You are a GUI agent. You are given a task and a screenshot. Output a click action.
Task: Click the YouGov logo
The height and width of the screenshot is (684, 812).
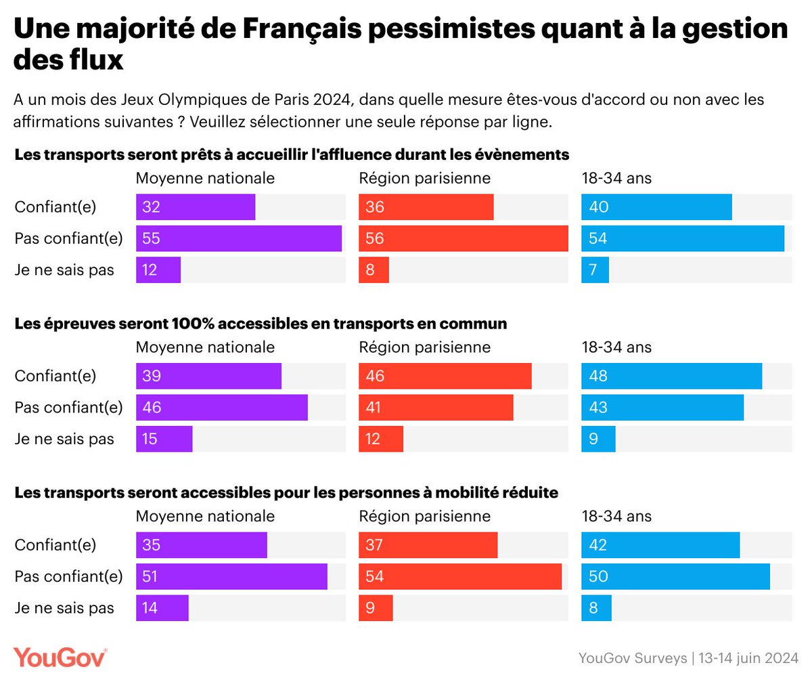[x=60, y=657]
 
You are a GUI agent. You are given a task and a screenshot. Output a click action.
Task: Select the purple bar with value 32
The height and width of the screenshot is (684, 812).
[x=196, y=207]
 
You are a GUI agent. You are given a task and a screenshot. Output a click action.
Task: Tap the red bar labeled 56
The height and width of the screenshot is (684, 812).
[x=463, y=238]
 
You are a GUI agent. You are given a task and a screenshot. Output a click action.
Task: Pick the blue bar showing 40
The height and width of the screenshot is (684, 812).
[x=656, y=207]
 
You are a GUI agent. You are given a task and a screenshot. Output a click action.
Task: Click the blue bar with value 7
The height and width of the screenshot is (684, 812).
[x=595, y=270]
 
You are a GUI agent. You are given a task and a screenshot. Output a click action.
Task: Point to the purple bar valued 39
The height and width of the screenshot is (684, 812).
[x=208, y=376]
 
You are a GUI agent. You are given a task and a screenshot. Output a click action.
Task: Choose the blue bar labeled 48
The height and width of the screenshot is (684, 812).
[x=671, y=376]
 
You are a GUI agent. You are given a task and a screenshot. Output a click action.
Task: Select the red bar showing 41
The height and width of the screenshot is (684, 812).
[x=436, y=408]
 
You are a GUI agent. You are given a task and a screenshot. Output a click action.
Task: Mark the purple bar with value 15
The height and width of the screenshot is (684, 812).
[x=164, y=439]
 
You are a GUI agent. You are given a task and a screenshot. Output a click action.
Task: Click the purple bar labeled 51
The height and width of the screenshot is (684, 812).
[x=231, y=576]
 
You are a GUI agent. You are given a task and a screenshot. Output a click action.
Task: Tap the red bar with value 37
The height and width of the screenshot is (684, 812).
[x=428, y=545]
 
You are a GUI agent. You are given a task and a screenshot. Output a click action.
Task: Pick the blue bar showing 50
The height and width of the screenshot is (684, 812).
[x=675, y=576]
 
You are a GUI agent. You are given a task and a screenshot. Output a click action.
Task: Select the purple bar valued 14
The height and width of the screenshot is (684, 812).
[x=162, y=608]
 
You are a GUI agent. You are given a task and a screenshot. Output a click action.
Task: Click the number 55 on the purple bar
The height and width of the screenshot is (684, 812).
[x=151, y=238]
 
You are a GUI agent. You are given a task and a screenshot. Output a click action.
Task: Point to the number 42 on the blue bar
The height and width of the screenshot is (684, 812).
[x=598, y=545]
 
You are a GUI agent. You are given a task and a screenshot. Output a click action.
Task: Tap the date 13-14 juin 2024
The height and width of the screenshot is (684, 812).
[x=748, y=658]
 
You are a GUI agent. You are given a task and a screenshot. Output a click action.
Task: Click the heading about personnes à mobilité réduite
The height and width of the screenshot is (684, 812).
[x=286, y=492]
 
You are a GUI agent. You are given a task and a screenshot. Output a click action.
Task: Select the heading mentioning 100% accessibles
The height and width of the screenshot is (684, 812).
[x=261, y=324]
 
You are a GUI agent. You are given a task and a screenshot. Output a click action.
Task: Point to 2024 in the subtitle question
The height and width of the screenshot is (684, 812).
[x=332, y=100]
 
